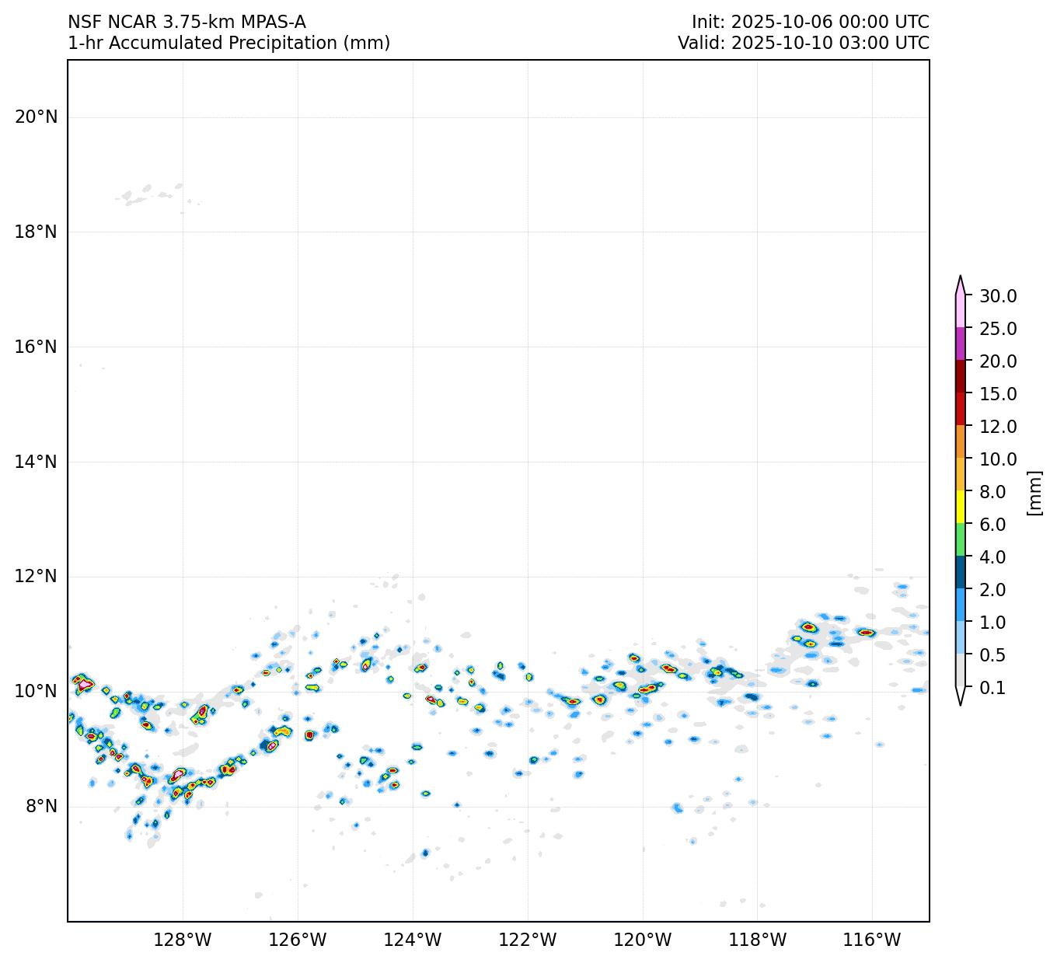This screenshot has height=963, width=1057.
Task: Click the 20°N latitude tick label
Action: tap(36, 117)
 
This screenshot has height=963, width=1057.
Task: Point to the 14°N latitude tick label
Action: tap(36, 462)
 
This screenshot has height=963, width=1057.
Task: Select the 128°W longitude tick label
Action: tap(183, 940)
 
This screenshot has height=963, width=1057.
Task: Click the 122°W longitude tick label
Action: tap(528, 940)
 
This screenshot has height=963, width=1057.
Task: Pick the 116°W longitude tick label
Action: tap(872, 940)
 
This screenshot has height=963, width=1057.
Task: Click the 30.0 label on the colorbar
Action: tap(998, 296)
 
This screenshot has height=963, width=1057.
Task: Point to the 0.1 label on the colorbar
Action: tap(992, 688)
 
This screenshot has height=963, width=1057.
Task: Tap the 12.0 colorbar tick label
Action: tap(998, 427)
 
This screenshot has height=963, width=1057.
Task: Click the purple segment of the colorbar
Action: tap(961, 344)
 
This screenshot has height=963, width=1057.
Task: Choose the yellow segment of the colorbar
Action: tap(961, 507)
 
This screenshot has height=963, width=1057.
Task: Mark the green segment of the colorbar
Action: tap(961, 539)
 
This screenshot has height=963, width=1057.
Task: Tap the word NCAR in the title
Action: tap(132, 23)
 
